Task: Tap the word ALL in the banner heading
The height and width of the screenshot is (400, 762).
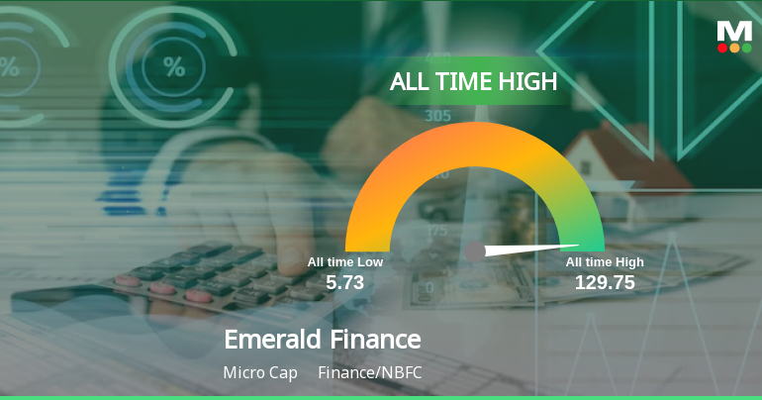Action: [411, 82]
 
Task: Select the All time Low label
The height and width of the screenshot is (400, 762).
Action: [344, 262]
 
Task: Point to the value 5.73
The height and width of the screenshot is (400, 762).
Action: [345, 283]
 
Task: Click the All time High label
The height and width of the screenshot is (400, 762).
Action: [605, 262]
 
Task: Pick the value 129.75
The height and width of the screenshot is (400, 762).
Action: [605, 283]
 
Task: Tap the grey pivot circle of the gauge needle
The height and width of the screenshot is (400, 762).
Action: [475, 251]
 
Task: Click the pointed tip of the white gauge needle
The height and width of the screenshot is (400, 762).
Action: [580, 245]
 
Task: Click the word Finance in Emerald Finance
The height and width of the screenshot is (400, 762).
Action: [376, 340]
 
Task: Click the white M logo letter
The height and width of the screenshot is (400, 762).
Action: [734, 30]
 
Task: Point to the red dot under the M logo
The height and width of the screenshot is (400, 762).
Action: [722, 48]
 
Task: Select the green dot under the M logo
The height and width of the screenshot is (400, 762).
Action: [746, 48]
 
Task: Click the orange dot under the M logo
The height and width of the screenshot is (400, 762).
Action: [734, 48]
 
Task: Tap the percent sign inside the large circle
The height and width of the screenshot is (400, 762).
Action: [174, 67]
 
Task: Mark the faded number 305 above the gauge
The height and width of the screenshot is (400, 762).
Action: [437, 116]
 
